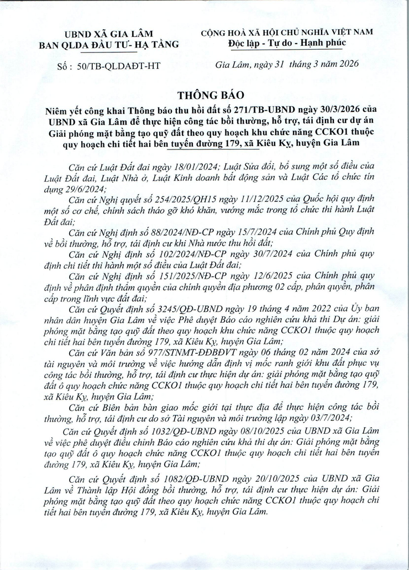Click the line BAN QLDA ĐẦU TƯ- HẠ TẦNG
(x=109, y=45)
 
